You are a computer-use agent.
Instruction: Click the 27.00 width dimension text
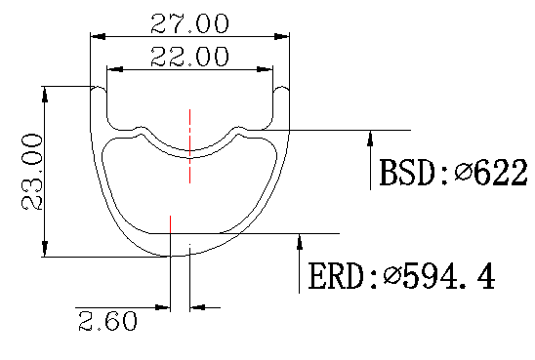188,21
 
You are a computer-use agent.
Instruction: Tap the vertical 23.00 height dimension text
30,173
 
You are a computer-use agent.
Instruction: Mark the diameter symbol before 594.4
392,277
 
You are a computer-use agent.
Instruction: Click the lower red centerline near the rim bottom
171,234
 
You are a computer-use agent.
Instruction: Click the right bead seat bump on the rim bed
237,129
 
